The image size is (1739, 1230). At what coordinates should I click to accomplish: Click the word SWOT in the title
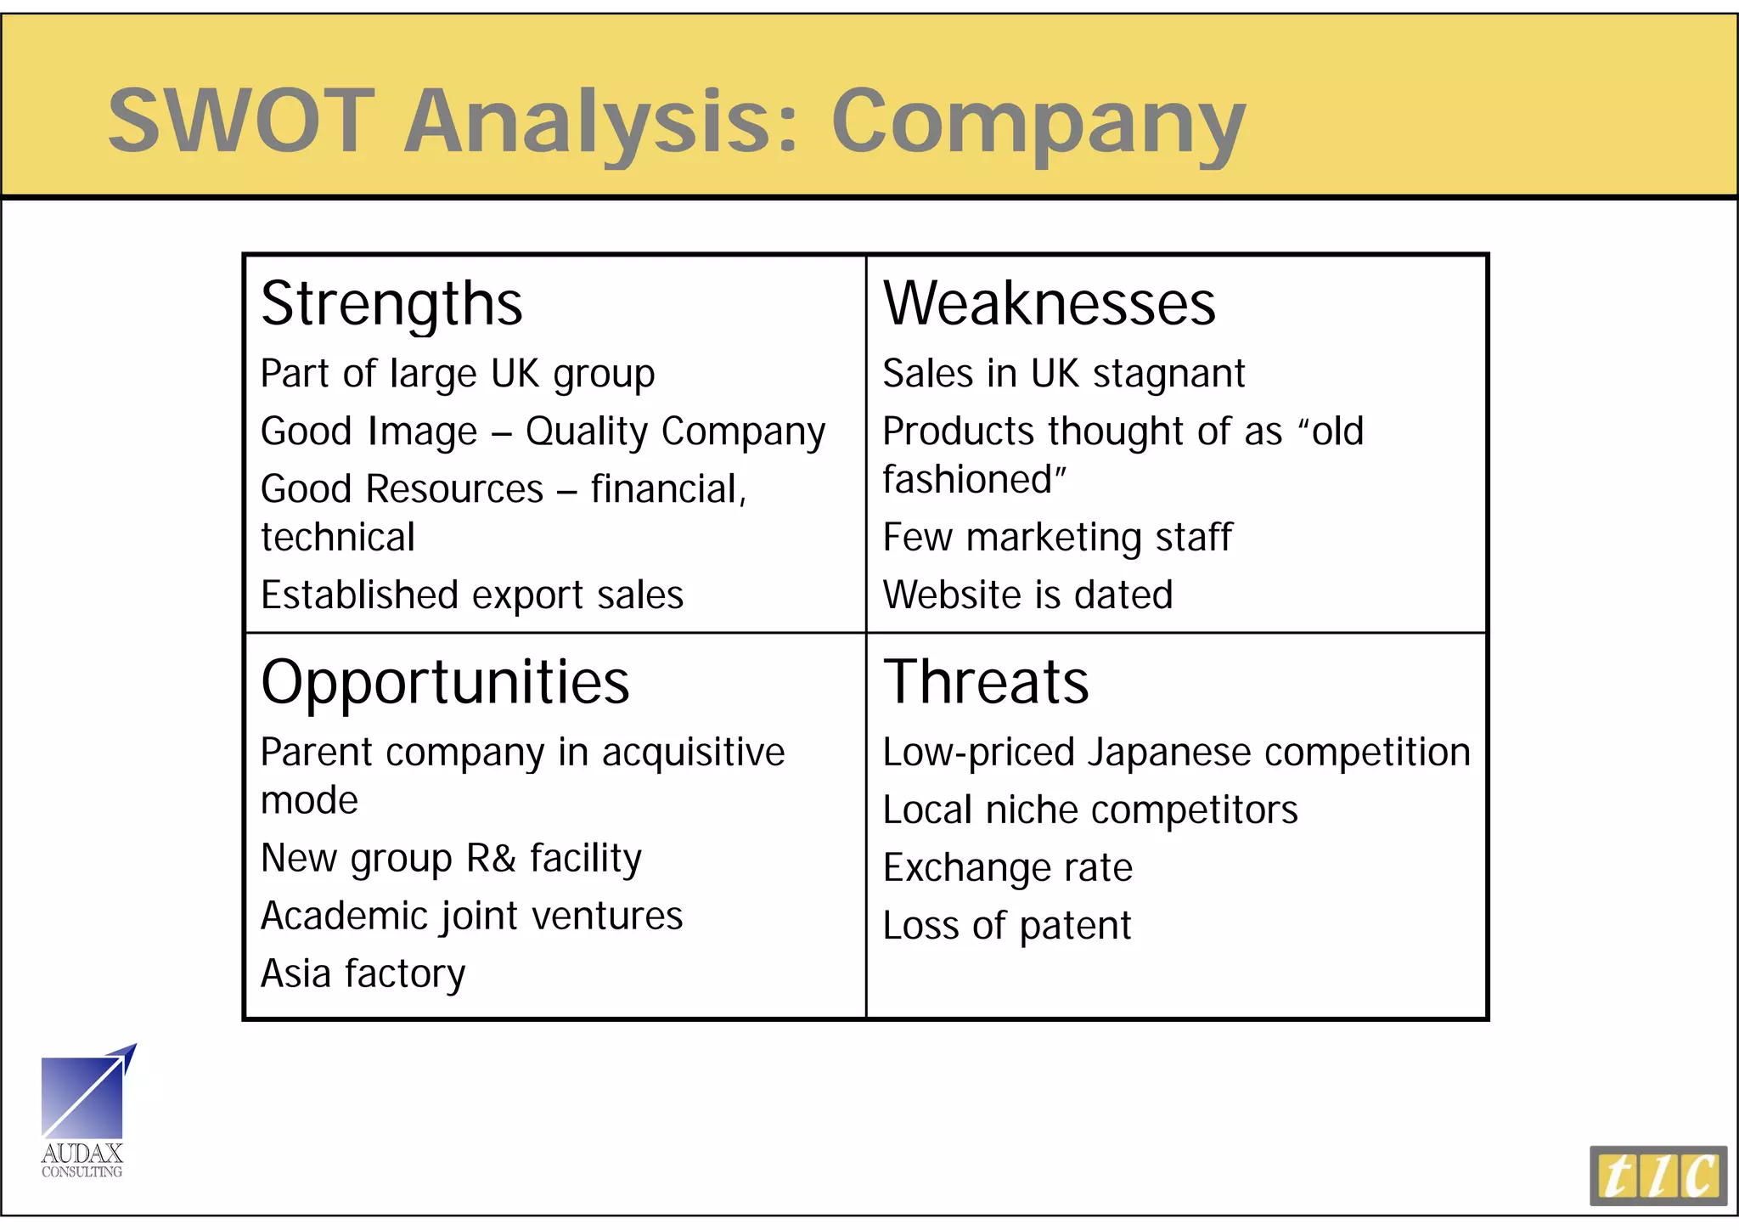pyautogui.click(x=241, y=121)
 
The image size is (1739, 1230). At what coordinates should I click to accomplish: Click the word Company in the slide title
pyautogui.click(x=1038, y=123)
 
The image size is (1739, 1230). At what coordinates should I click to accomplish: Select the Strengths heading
pyautogui.click(x=391, y=304)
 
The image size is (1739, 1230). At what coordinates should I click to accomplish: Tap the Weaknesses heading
pyautogui.click(x=1049, y=303)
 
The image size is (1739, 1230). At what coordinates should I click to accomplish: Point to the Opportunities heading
pyautogui.click(x=445, y=682)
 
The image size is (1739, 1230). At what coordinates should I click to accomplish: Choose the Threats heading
pyautogui.click(x=986, y=682)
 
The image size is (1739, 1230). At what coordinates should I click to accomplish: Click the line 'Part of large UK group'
pyautogui.click(x=458, y=375)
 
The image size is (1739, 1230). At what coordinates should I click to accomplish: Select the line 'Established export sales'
pyautogui.click(x=472, y=595)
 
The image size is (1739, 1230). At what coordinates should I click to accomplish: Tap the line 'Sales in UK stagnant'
pyautogui.click(x=1063, y=374)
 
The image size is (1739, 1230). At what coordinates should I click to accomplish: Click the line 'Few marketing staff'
pyautogui.click(x=1057, y=538)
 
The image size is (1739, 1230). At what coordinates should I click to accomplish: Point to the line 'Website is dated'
pyautogui.click(x=1027, y=595)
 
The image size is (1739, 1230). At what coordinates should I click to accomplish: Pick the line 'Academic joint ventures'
pyautogui.click(x=471, y=917)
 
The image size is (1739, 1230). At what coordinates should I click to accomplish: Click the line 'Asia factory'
pyautogui.click(x=363, y=974)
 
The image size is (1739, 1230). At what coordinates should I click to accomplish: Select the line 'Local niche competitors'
pyautogui.click(x=1090, y=810)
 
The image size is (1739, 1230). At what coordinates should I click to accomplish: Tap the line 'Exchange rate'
pyautogui.click(x=1007, y=868)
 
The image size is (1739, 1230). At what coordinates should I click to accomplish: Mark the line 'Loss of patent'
pyautogui.click(x=1006, y=926)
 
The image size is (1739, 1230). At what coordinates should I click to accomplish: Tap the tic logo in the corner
pyautogui.click(x=1657, y=1176)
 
